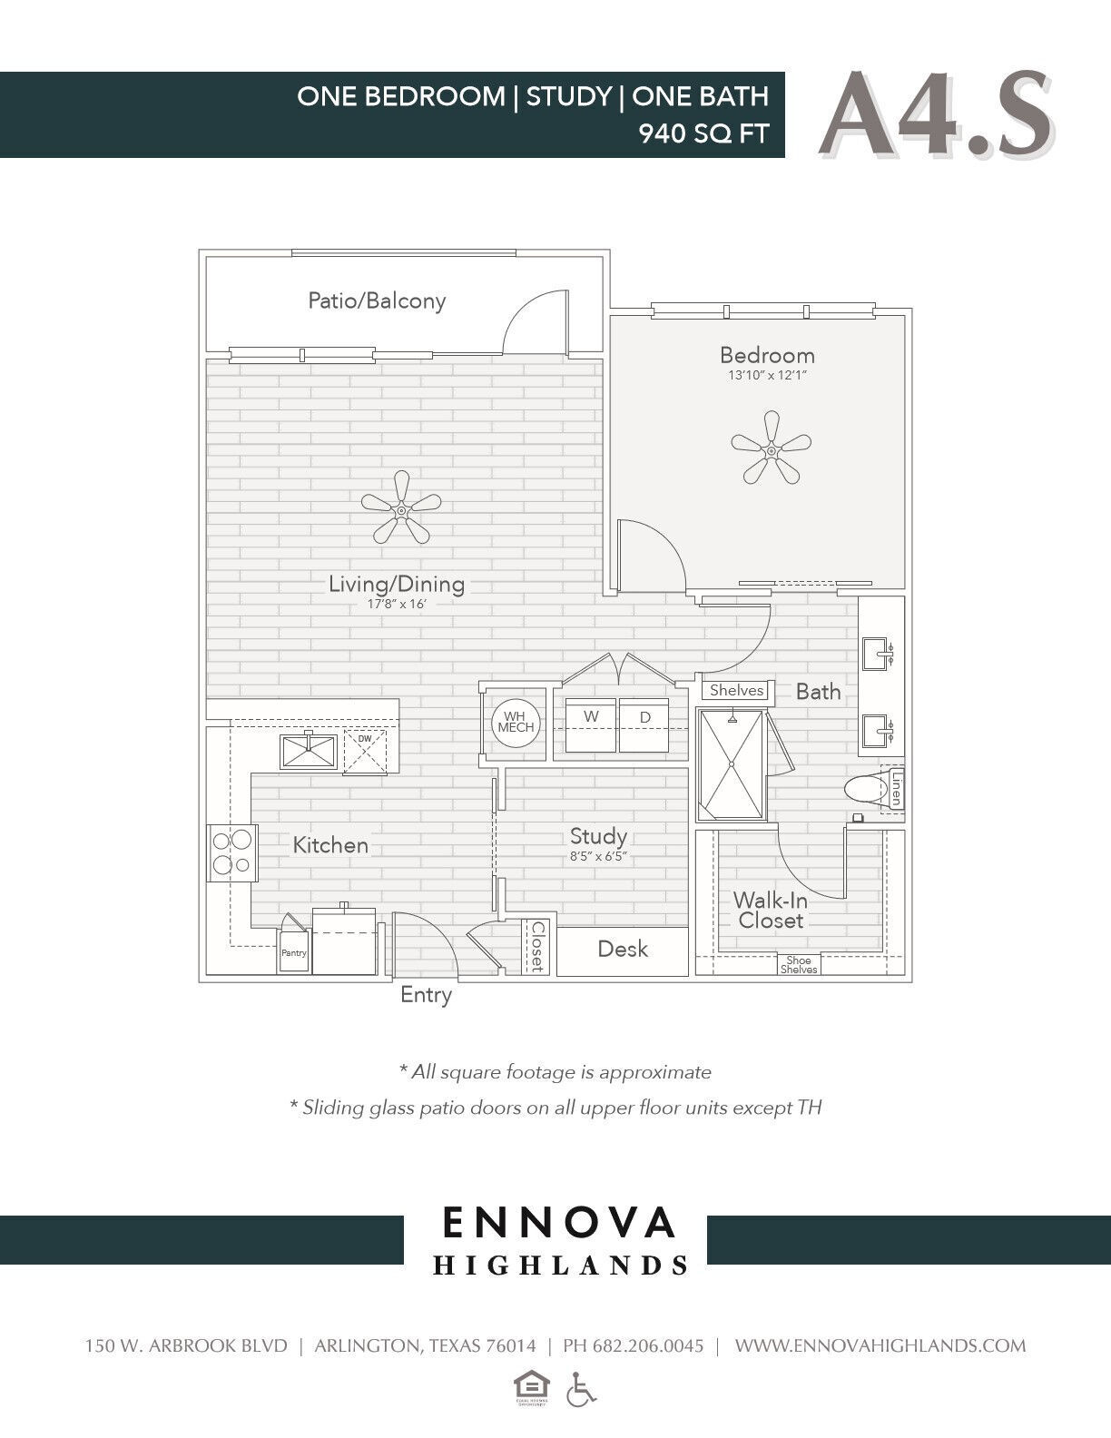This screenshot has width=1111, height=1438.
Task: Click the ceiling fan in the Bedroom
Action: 771,448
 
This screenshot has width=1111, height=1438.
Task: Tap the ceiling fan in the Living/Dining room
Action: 400,513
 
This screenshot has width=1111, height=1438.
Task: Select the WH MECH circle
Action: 516,723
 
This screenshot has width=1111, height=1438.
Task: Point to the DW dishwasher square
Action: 364,751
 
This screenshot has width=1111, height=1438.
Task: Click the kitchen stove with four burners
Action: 232,852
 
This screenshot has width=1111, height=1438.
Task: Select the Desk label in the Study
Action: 623,950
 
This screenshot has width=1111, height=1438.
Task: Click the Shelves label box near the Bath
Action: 736,690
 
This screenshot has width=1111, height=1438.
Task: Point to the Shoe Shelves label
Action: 799,965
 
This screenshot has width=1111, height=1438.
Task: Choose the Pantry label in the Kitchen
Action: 294,953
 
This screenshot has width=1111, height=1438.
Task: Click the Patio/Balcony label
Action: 377,300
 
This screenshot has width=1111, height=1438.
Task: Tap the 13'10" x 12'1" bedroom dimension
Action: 767,376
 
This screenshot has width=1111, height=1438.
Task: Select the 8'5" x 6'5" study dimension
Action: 598,856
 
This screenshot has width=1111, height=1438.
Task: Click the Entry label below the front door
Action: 426,995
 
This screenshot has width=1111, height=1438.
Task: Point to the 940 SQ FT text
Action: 703,133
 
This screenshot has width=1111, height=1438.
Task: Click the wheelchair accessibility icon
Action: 582,1389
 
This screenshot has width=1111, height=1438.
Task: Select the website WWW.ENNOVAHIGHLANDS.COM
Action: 880,1345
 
